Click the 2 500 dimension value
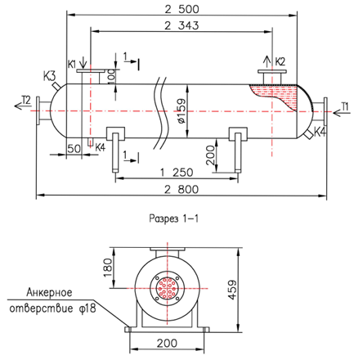pos(181,9)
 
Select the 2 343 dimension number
pos(181,25)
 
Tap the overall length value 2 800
pos(181,189)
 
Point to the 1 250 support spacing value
pos(177,173)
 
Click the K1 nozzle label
pos(72,65)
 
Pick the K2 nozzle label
pos(280,61)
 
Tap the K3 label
pos(49,76)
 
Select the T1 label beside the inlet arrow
pos(345,106)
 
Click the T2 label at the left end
pos(26,100)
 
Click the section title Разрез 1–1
pos(173,218)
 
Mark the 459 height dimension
pos(232,290)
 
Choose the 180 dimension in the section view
pos(108,268)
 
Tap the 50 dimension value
pos(74,149)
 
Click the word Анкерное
pos(49,292)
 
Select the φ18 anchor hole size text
pos(88,308)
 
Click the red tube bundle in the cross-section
pos(168,288)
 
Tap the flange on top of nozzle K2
pos(272,72)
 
